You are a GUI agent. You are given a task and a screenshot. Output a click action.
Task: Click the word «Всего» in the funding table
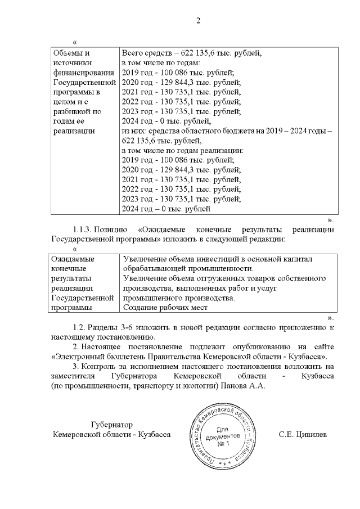pyautogui.click(x=133, y=53)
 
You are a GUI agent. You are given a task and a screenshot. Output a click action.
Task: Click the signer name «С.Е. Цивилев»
pyautogui.click(x=303, y=435)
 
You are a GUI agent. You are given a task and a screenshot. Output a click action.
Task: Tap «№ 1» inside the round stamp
pyautogui.click(x=224, y=444)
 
